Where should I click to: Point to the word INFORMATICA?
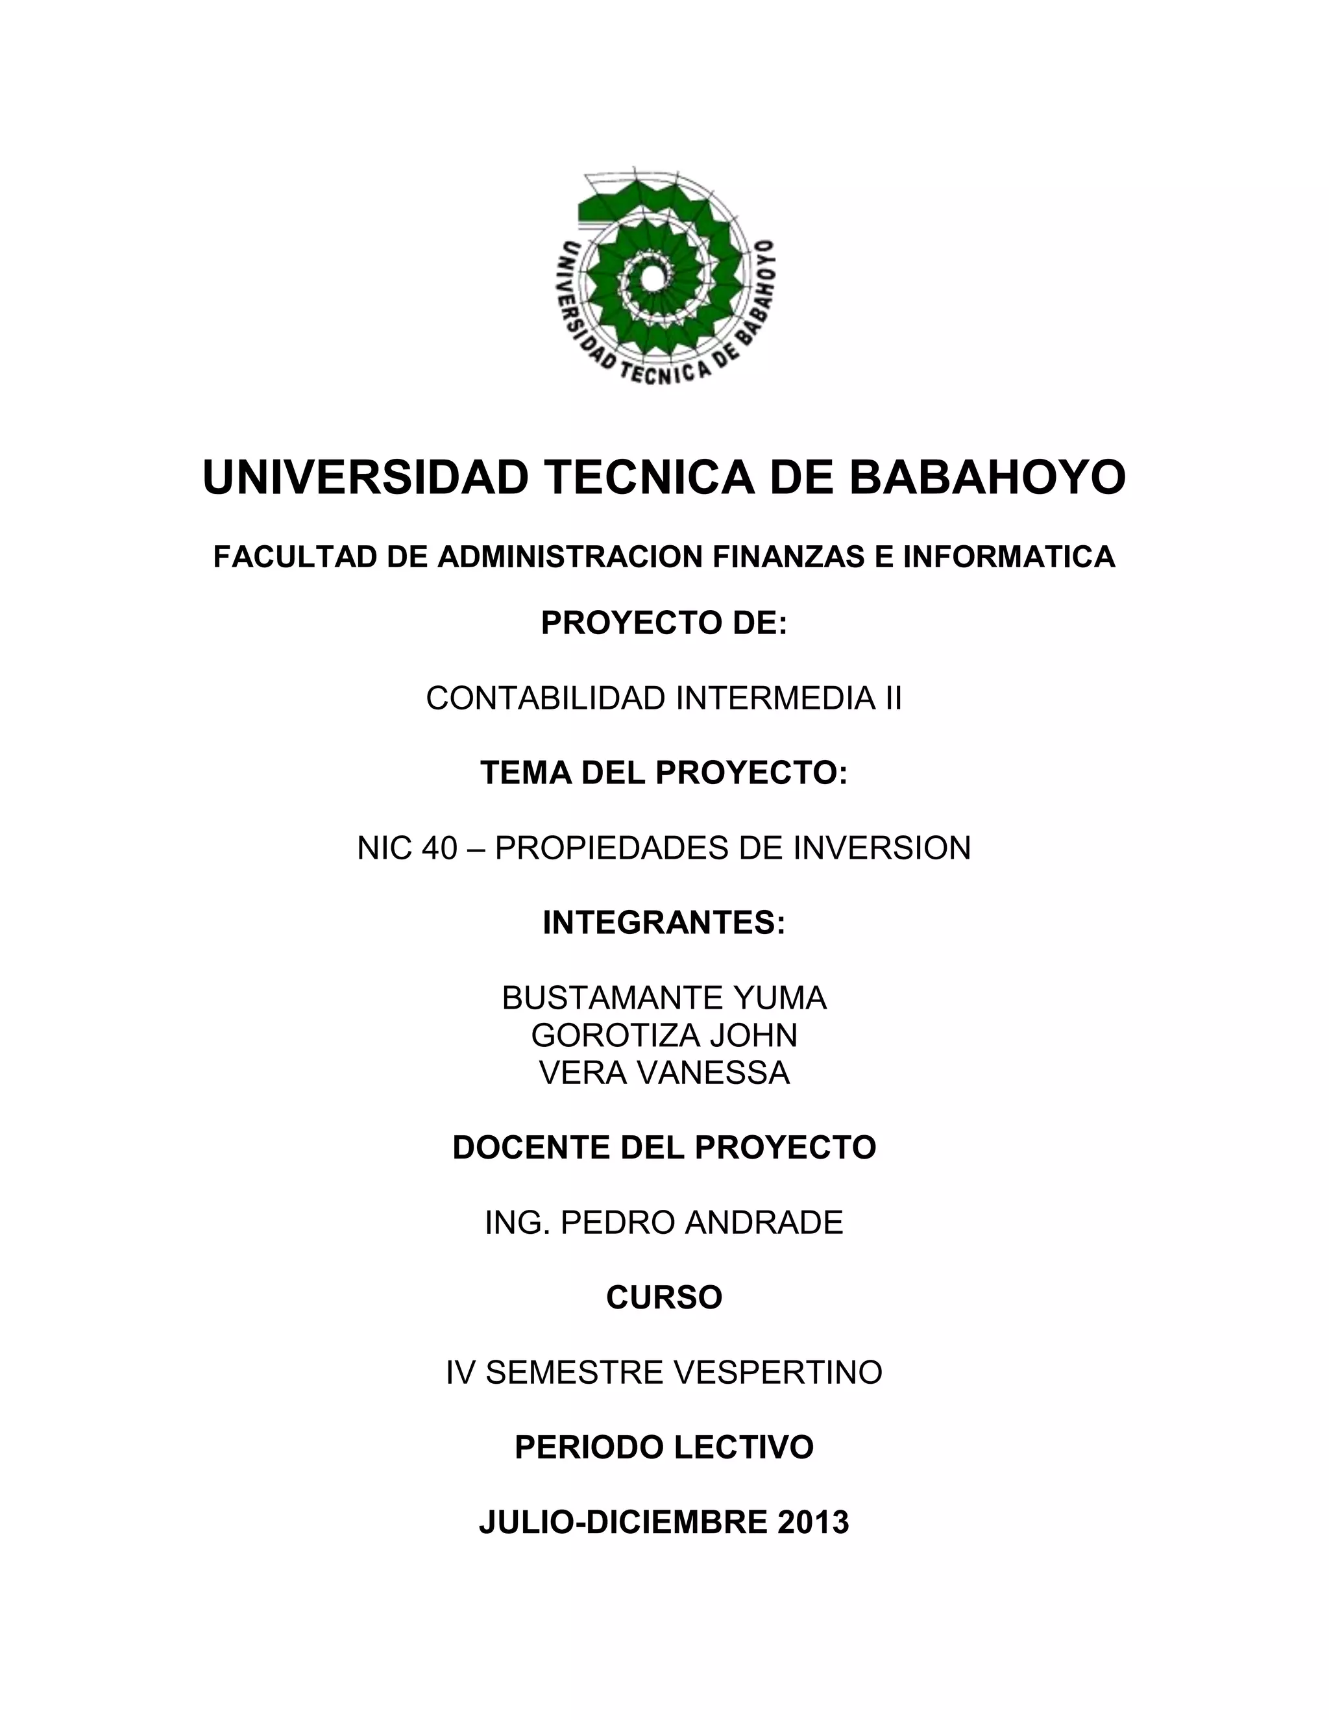pyautogui.click(x=1008, y=557)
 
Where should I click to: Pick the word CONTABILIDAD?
pyautogui.click(x=546, y=698)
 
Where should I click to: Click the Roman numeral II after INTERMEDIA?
pyautogui.click(x=893, y=698)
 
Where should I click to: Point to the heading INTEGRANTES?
pyautogui.click(x=664, y=922)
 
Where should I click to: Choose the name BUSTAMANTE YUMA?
pyautogui.click(x=664, y=998)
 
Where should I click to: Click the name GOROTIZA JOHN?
pyautogui.click(x=664, y=1035)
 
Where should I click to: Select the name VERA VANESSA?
pyautogui.click(x=664, y=1073)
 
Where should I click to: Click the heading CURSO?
pyautogui.click(x=664, y=1297)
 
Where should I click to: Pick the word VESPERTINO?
pyautogui.click(x=779, y=1373)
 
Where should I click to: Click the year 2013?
pyautogui.click(x=813, y=1522)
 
